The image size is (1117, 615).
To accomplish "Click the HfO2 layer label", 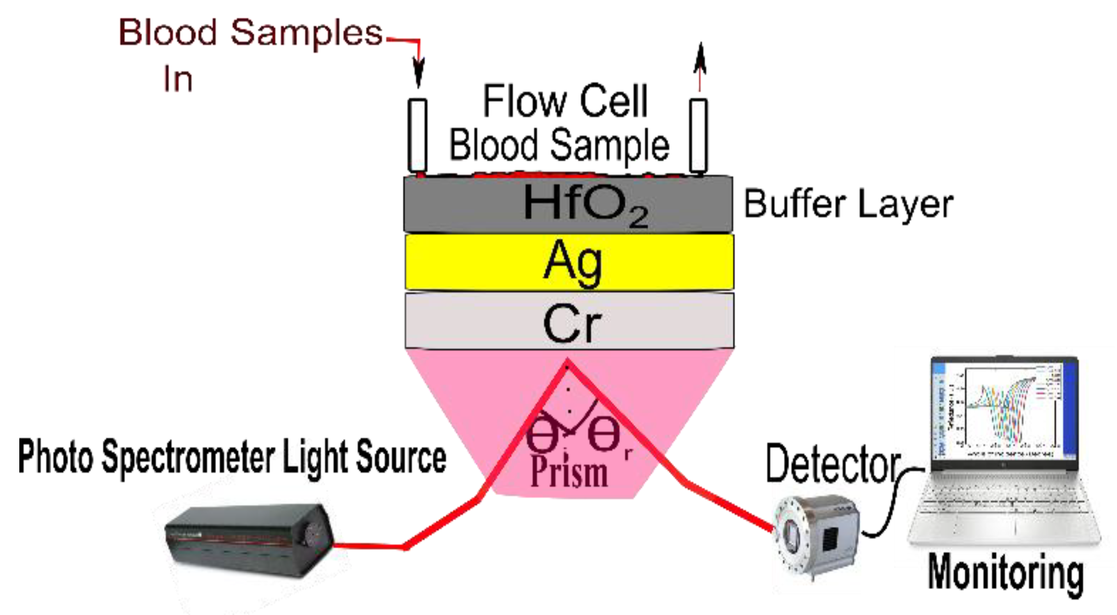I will pyautogui.click(x=585, y=204).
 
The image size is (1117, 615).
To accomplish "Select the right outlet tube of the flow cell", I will pyautogui.click(x=698, y=135).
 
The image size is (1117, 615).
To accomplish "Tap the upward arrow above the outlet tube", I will pyautogui.click(x=700, y=65).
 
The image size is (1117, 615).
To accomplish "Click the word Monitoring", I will pyautogui.click(x=1005, y=573).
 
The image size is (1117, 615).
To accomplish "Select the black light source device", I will pyautogui.click(x=249, y=540).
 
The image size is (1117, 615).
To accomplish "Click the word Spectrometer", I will pyautogui.click(x=189, y=458).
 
